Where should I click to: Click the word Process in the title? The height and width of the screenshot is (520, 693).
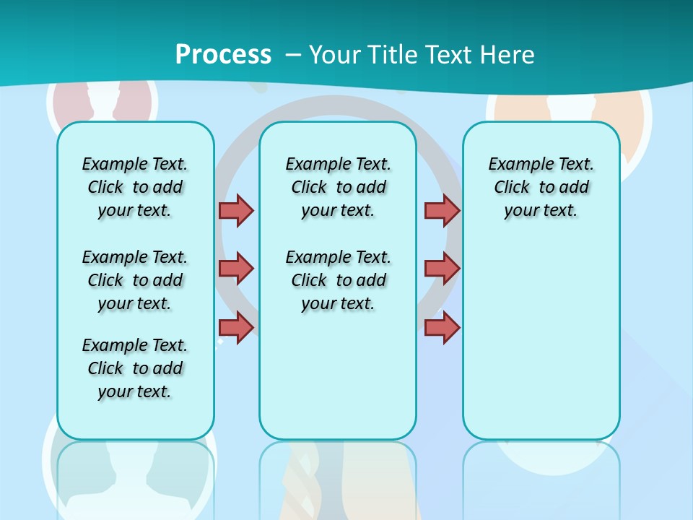pos(223,55)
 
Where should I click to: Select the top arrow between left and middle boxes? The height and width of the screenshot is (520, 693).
pos(236,210)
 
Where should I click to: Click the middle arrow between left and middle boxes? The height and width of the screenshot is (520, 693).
pos(236,269)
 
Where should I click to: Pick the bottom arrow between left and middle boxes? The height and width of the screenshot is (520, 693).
pos(236,327)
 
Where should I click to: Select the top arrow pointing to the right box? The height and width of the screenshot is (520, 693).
pos(442,210)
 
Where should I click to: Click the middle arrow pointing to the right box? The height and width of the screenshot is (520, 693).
pos(442,269)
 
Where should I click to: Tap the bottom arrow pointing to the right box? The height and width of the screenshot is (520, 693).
pos(442,327)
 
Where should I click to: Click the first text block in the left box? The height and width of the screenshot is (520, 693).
pos(135,187)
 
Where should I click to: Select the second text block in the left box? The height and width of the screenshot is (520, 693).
pos(135,280)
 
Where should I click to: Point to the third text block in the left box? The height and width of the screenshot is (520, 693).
pos(135,368)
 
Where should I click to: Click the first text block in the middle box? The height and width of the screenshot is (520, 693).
pos(339,187)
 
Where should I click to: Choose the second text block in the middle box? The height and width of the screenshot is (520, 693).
pos(339,280)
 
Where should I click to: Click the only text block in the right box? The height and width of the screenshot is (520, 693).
pos(541,187)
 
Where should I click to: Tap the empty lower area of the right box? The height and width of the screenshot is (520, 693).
pos(541,339)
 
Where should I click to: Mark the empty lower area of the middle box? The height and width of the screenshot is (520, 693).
pos(339,376)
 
